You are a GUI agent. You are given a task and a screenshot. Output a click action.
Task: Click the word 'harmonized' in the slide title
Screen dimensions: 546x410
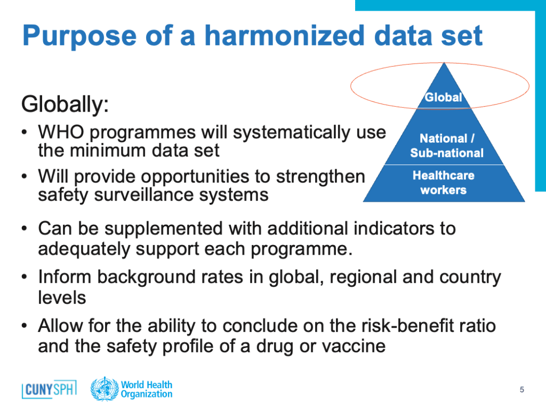point(284,36)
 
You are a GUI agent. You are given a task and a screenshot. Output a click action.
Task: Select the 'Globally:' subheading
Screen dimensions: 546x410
point(65,104)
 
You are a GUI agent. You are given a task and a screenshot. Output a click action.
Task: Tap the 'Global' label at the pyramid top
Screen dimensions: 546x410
point(443,97)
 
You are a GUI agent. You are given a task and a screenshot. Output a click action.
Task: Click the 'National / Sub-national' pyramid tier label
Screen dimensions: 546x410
point(447,146)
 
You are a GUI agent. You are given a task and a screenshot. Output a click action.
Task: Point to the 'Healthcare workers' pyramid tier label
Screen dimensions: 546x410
point(443,183)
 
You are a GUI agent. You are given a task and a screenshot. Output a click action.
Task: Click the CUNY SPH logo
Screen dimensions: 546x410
point(49,389)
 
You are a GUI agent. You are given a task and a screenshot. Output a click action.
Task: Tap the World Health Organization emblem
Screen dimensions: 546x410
point(105,389)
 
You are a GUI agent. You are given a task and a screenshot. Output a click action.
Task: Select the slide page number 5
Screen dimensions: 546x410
point(521,389)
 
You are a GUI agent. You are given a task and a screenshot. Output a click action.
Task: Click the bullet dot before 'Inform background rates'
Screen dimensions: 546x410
point(25,278)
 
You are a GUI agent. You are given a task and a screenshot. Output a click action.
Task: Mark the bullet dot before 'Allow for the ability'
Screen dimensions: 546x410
point(25,326)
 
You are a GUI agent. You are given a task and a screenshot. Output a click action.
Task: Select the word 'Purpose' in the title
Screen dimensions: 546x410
point(80,36)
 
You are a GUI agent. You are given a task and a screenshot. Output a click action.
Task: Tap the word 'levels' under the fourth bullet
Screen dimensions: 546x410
point(62,298)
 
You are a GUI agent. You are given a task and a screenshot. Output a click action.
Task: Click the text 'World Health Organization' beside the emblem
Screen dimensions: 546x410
point(147,389)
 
